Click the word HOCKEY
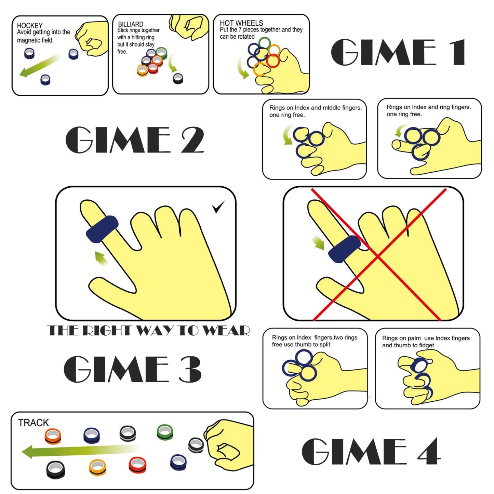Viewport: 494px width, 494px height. point(30,26)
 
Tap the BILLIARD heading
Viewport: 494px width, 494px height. point(131,24)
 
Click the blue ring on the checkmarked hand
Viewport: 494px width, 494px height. point(102,229)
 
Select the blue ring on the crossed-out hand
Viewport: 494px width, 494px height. point(344,249)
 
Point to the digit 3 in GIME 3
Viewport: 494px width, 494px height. point(190,369)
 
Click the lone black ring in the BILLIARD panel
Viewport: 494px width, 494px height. point(178,78)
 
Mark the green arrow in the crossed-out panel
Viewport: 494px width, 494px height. point(318,243)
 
